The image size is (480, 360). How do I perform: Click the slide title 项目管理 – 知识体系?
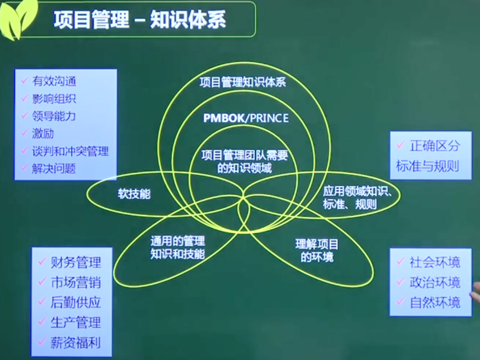pyautogui.click(x=140, y=20)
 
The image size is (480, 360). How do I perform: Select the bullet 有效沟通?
pyautogui.click(x=54, y=81)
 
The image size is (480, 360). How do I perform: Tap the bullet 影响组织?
pyautogui.click(x=54, y=99)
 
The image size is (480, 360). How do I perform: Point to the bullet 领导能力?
pyautogui.click(x=54, y=116)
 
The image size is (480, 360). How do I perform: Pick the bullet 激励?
pyautogui.click(x=43, y=133)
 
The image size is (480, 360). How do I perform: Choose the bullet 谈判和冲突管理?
pyautogui.click(x=71, y=151)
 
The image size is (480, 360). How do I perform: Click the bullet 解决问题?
pyautogui.click(x=54, y=168)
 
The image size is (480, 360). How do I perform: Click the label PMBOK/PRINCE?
pyautogui.click(x=246, y=118)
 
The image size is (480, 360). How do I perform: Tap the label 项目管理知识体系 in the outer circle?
pyautogui.click(x=243, y=82)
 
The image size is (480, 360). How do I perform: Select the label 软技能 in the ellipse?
pyautogui.click(x=134, y=194)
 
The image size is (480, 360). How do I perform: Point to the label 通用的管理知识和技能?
pyautogui.click(x=178, y=247)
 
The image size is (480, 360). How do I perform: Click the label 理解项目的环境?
pyautogui.click(x=317, y=251)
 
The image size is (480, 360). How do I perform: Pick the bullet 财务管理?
pyautogui.click(x=76, y=262)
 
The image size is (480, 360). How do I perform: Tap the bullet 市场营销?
pyautogui.click(x=76, y=282)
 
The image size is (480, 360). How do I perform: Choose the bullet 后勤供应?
pyautogui.click(x=76, y=302)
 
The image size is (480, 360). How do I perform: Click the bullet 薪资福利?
pyautogui.click(x=76, y=343)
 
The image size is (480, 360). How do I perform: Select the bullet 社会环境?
pyautogui.click(x=435, y=262)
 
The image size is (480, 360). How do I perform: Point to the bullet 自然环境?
pyautogui.click(x=435, y=302)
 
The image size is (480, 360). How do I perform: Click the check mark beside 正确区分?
pyautogui.click(x=401, y=145)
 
